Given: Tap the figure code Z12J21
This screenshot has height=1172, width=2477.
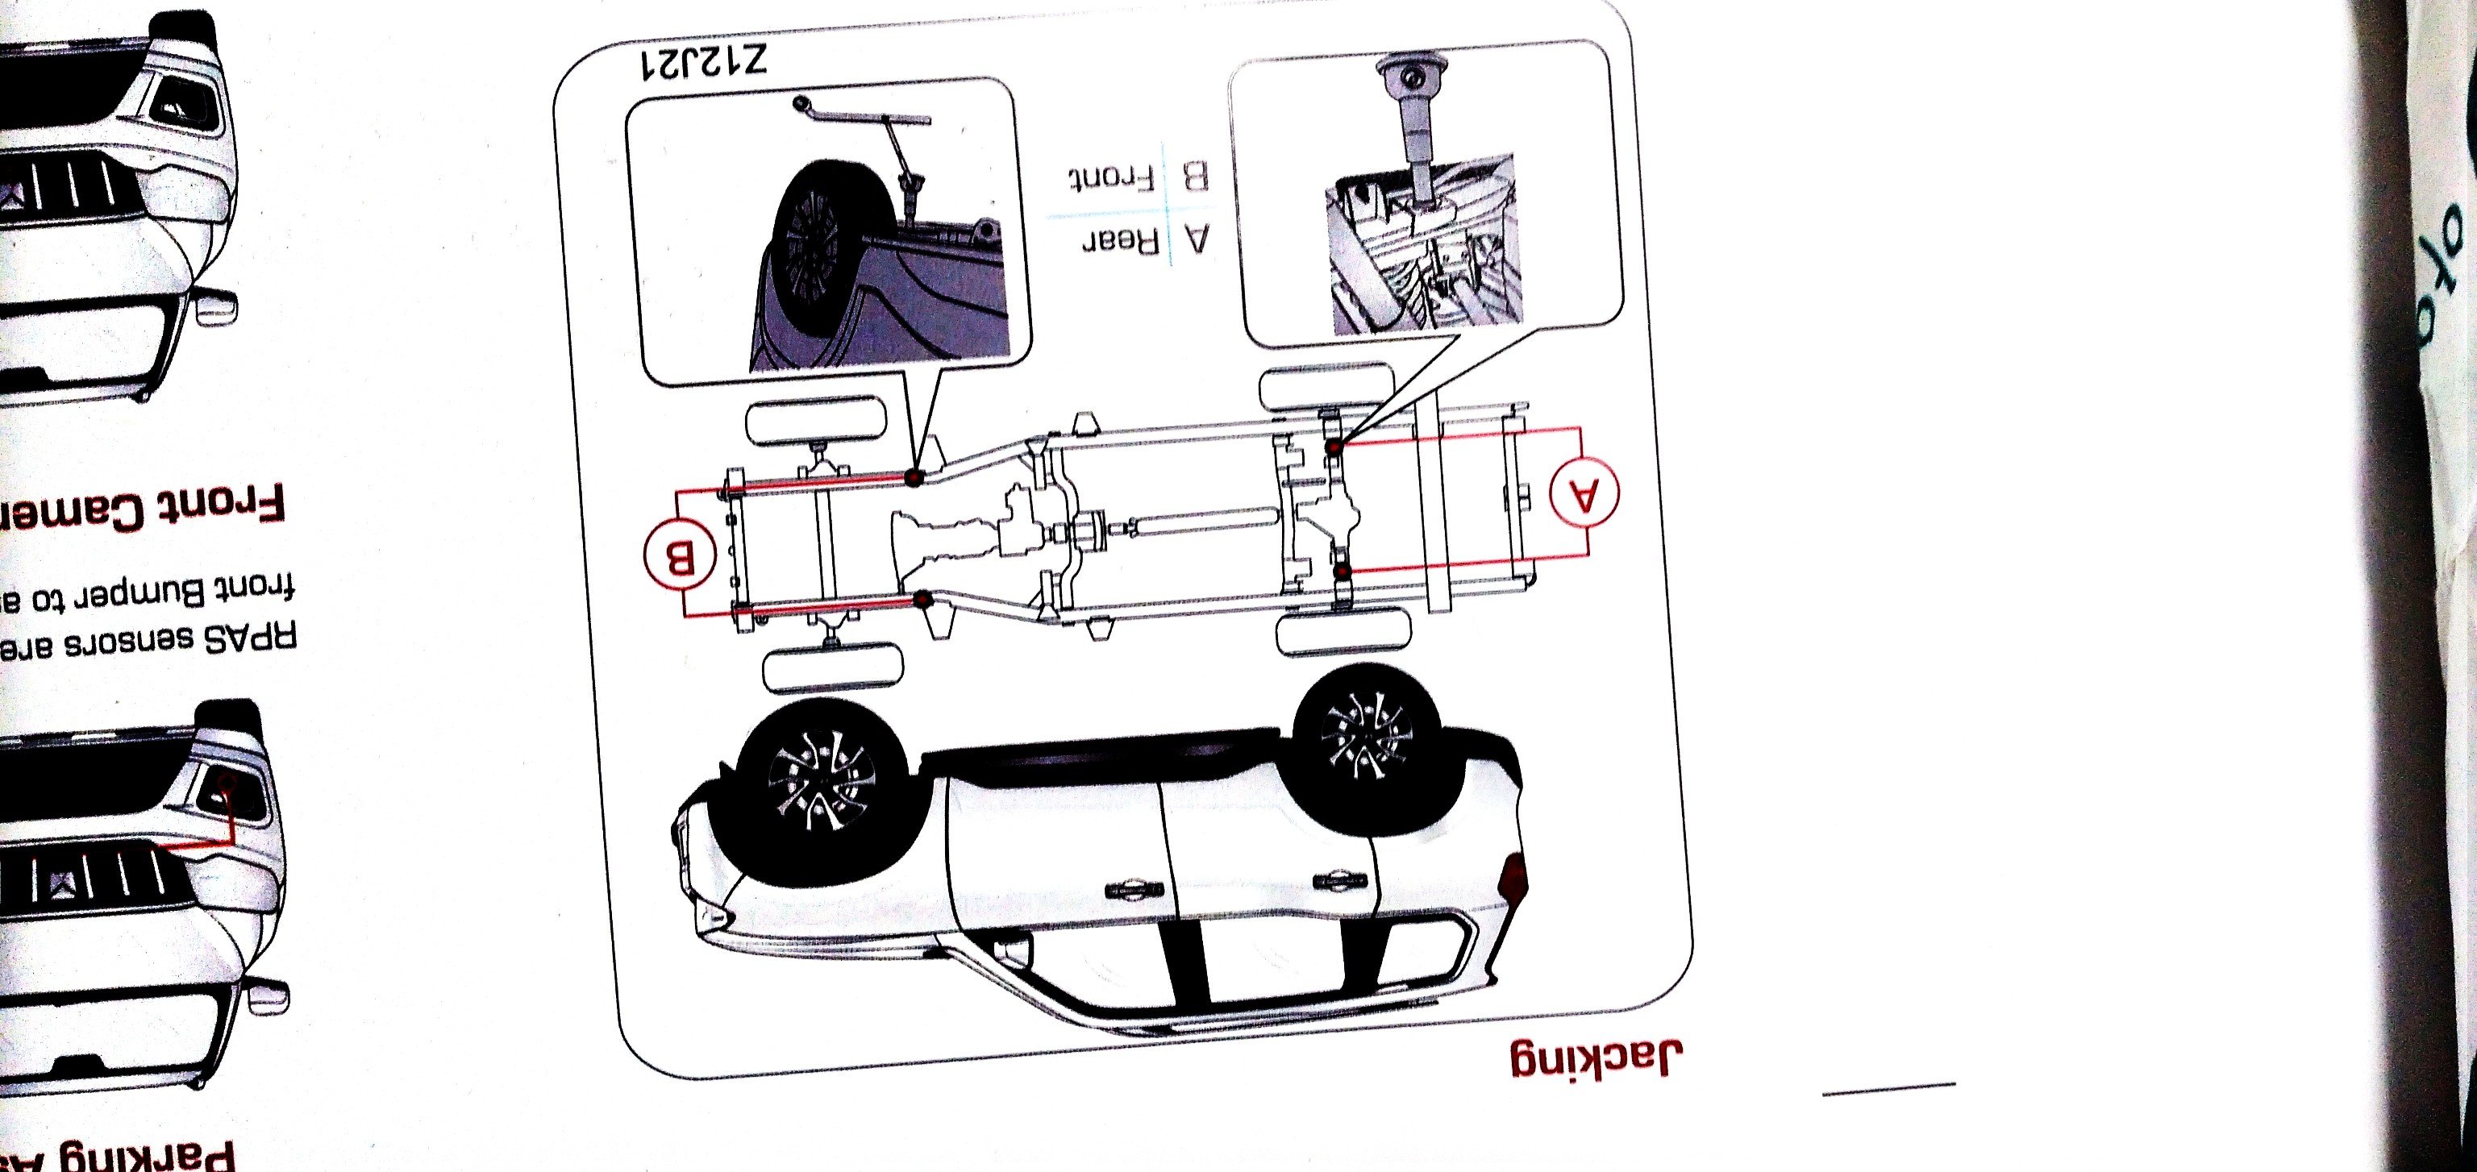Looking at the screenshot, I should coord(704,64).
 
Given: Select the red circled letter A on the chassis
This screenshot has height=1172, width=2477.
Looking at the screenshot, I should coord(1584,494).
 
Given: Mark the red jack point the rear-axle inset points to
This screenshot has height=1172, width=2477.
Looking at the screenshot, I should coord(1334,447).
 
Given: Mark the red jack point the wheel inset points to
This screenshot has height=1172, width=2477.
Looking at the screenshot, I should coord(914,477).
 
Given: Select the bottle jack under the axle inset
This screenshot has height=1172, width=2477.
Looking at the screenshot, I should coord(1413,125).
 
